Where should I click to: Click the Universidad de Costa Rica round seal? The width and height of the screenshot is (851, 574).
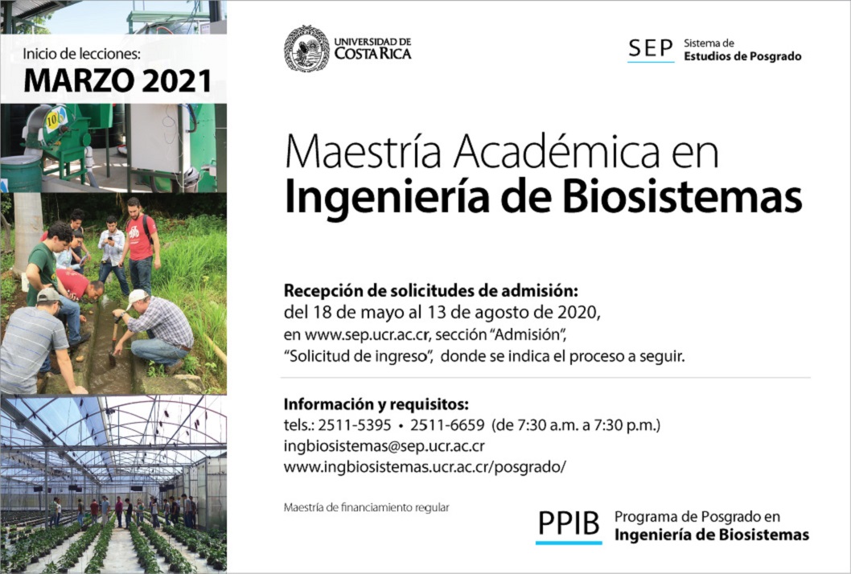306,48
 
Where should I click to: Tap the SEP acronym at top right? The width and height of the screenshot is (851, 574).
650,48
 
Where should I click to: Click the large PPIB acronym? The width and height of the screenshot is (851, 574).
569,523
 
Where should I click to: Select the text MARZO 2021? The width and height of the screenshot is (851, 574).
117,81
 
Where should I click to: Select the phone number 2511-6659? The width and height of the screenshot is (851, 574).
447,424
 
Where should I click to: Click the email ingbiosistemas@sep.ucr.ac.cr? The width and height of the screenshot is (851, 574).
384,446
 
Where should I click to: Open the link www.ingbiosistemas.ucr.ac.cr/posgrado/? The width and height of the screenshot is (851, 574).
425,466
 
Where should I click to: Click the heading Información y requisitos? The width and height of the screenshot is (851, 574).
376,404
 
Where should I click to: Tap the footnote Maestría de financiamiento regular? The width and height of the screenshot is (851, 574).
366,508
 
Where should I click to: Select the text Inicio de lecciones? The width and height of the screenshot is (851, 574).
82,54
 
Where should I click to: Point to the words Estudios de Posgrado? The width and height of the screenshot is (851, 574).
742,56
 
